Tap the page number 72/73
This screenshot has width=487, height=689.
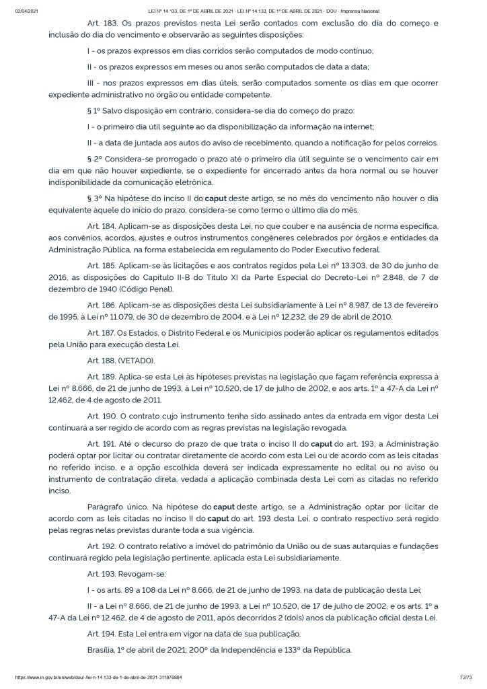(463, 677)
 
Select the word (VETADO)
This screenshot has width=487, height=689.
(136, 361)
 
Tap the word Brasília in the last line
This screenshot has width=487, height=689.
(106, 651)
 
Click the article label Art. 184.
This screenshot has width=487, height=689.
(102, 223)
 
